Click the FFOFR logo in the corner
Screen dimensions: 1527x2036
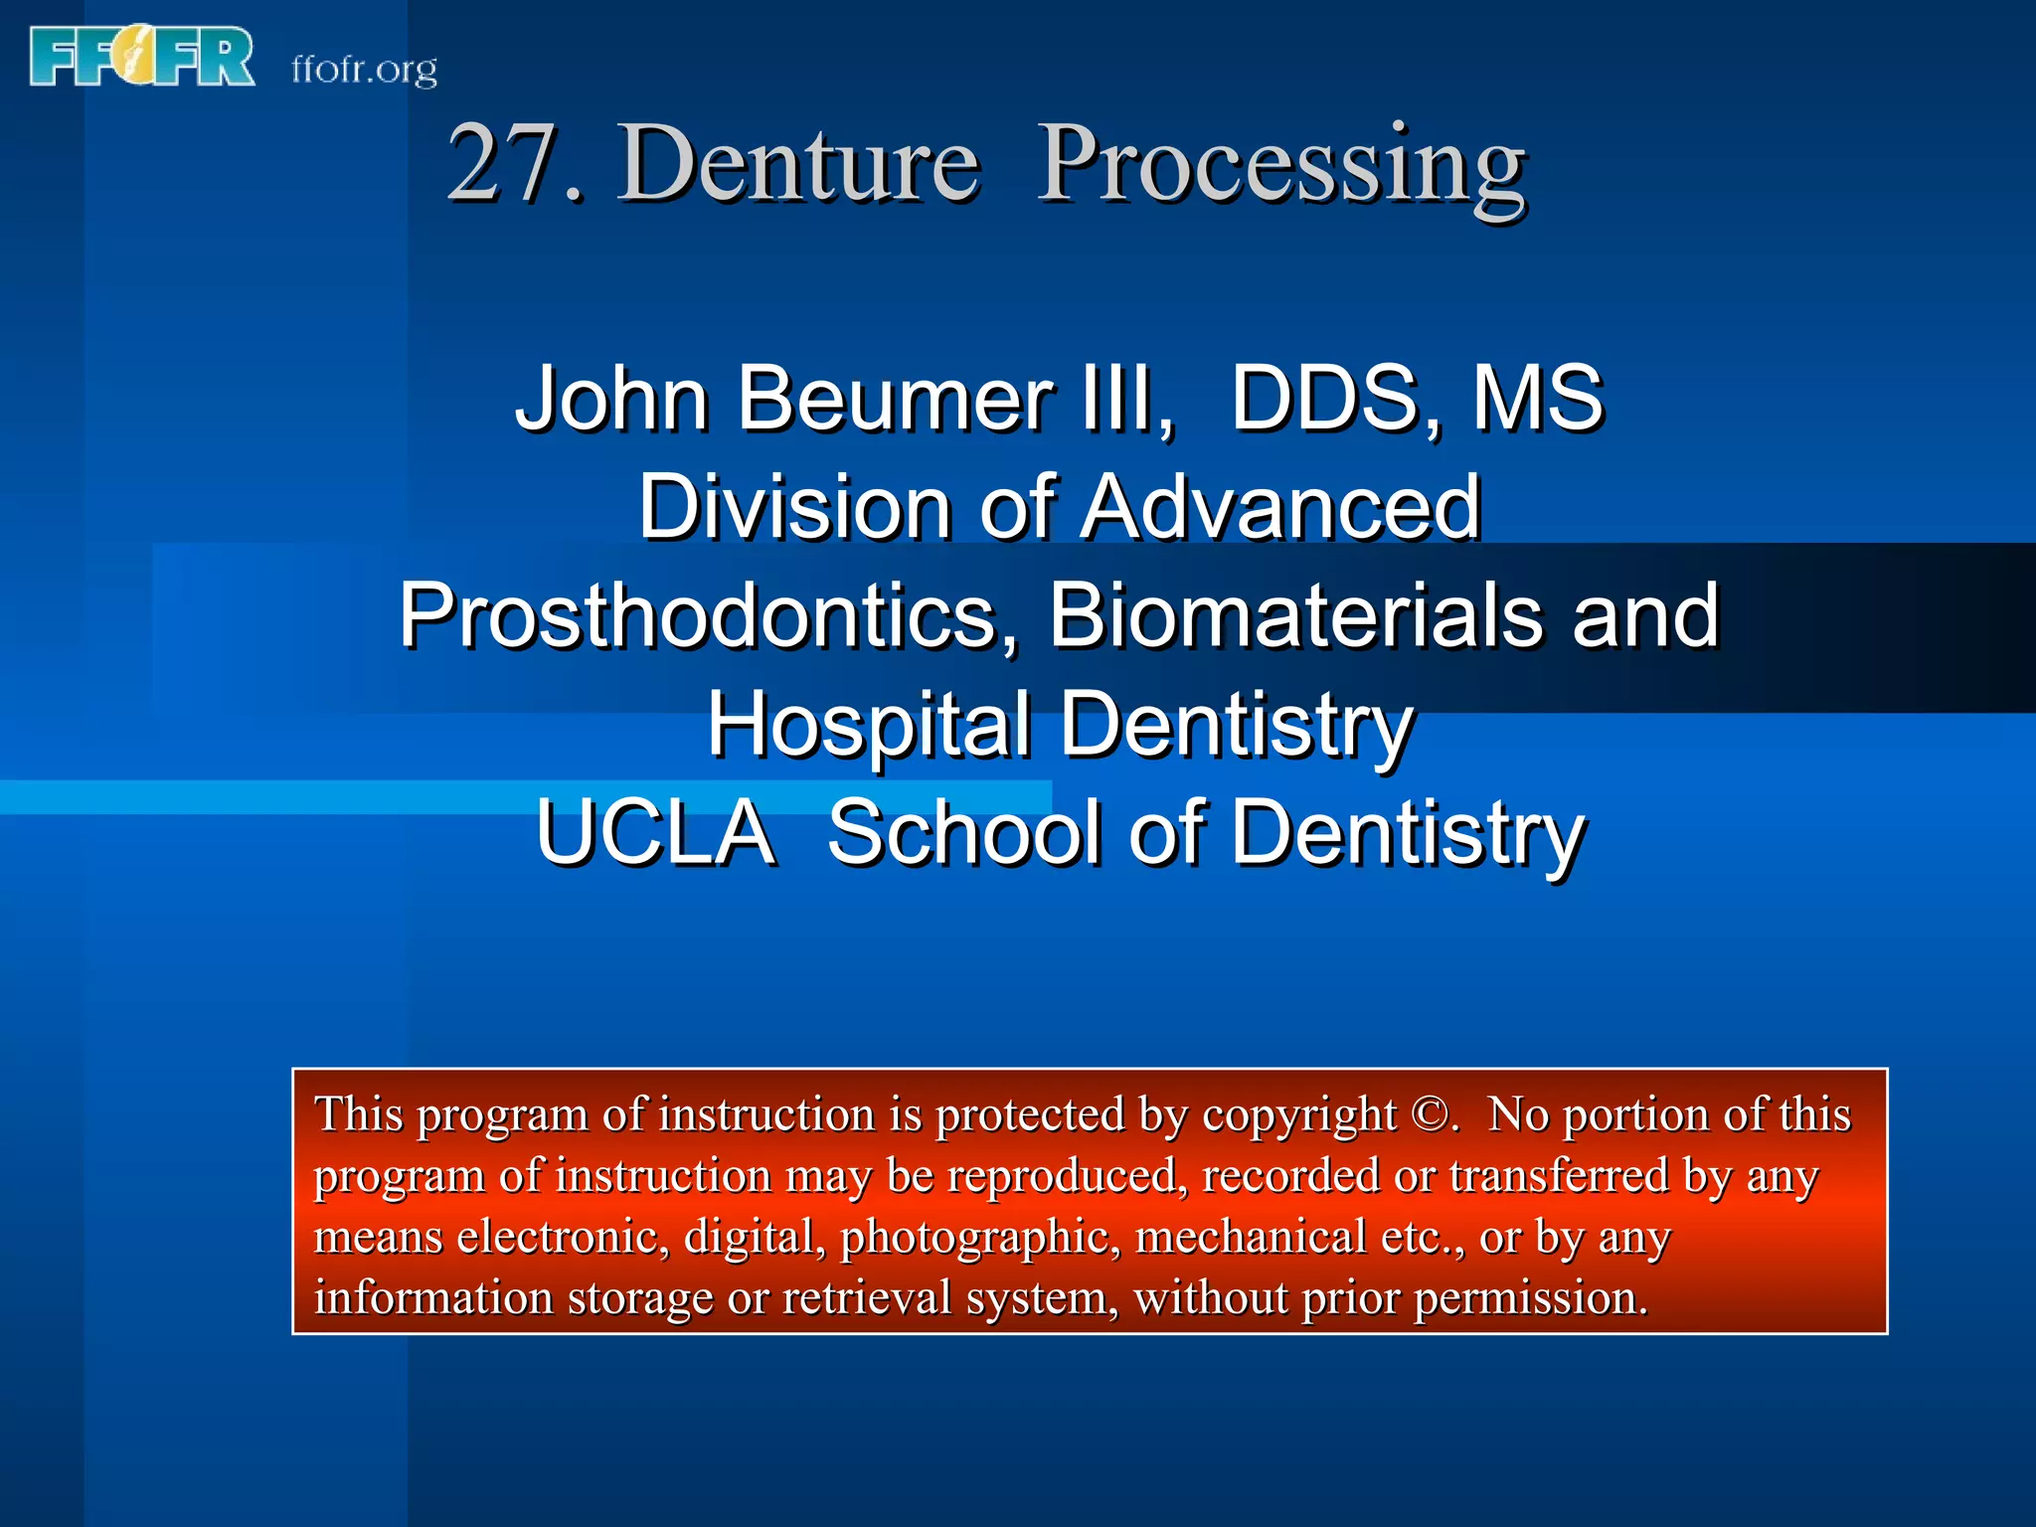(x=142, y=58)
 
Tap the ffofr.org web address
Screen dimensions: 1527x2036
(x=364, y=70)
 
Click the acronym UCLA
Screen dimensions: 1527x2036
(x=655, y=833)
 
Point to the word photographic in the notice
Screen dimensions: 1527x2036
(x=980, y=1239)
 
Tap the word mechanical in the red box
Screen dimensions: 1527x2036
(x=1251, y=1238)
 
